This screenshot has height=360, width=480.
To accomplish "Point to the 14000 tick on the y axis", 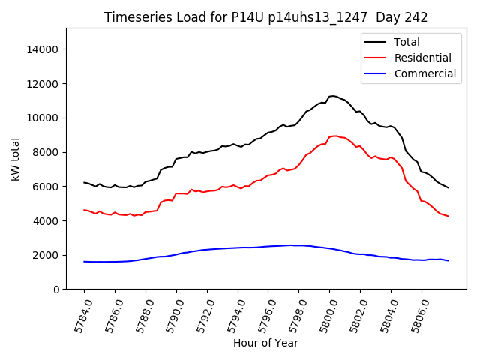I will (43, 49).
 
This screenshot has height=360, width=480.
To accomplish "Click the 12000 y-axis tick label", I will (43, 84).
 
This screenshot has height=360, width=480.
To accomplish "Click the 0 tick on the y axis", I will (56, 289).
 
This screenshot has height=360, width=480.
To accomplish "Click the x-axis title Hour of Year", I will (265, 343).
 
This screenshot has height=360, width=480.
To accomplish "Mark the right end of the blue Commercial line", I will (448, 260).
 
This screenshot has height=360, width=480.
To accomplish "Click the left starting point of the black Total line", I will (84, 182).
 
